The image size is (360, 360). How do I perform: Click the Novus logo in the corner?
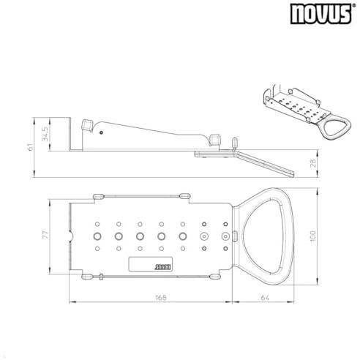point(321,14)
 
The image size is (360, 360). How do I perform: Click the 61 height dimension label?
point(30,147)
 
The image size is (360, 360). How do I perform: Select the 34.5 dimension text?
point(45,134)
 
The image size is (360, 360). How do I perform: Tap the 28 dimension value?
point(313,162)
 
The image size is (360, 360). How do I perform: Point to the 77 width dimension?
point(45,235)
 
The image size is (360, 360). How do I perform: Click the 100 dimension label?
point(313,236)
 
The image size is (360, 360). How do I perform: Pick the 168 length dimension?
point(161,298)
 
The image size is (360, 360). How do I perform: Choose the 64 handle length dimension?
point(265,298)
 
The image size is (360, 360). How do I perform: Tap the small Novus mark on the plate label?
point(163,267)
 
